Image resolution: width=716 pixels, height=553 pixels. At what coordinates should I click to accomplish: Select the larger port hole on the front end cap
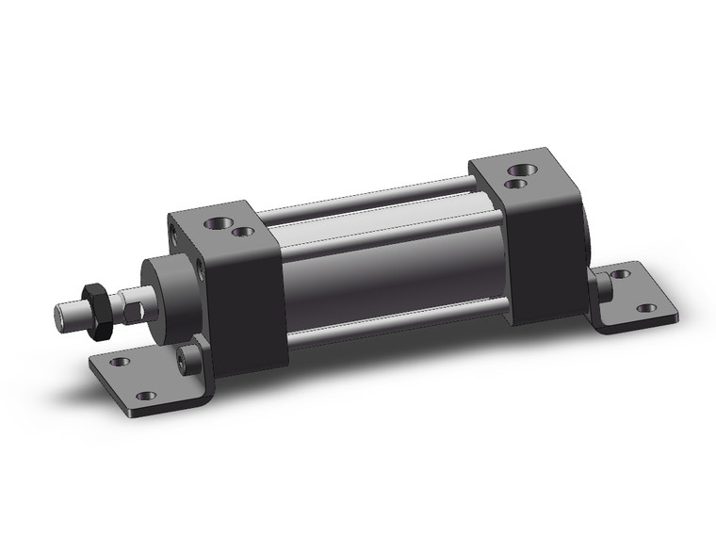pos(215,224)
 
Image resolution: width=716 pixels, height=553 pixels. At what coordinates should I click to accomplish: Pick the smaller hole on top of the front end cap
pos(244,231)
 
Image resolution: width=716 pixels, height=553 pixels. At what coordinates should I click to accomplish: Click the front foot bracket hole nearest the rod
pos(120,361)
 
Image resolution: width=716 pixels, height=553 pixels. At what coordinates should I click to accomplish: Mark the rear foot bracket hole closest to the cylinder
pos(620,274)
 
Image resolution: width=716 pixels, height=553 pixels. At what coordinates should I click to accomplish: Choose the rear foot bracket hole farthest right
pos(645,308)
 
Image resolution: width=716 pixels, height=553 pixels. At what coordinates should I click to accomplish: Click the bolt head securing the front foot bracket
pos(191,359)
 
